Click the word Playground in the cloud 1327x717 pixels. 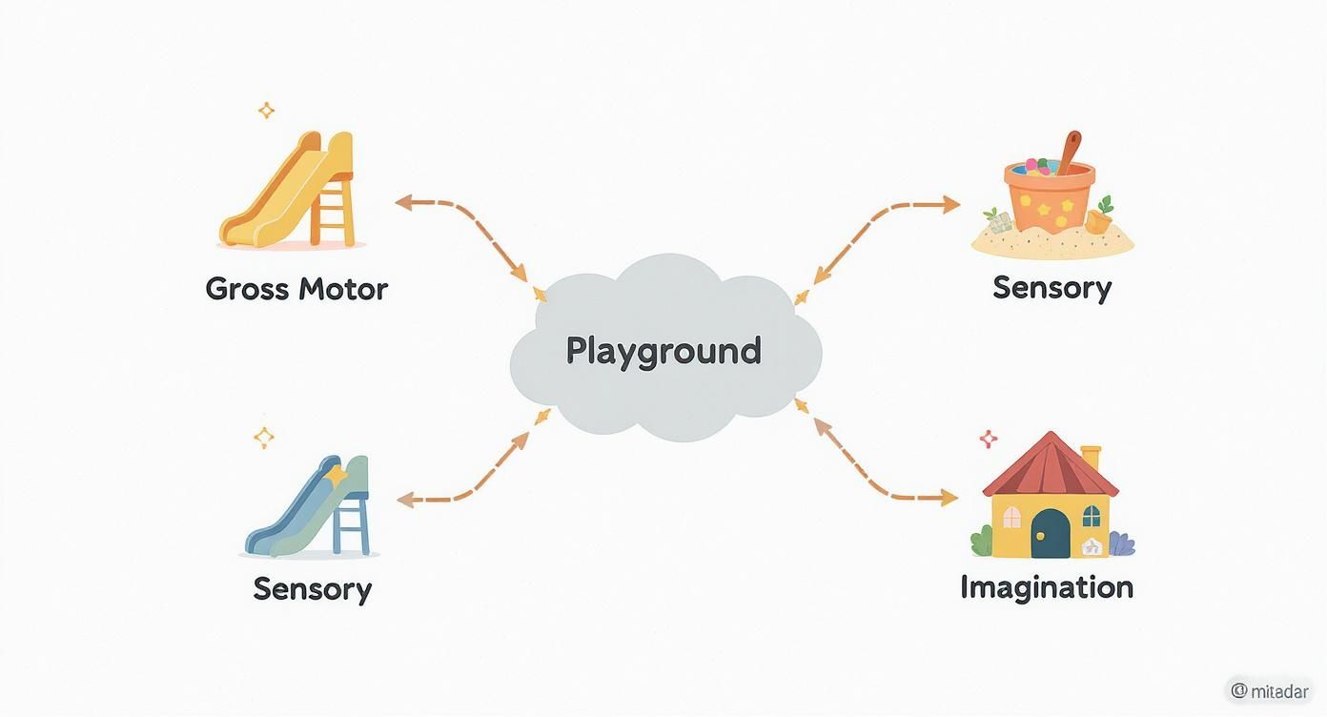[x=663, y=351]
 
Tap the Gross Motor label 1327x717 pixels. [x=296, y=289]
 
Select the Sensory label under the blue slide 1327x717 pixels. [x=312, y=588]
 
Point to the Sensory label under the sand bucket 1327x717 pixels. [x=1051, y=287]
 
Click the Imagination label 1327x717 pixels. [x=1047, y=586]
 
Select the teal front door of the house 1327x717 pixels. [x=1051, y=533]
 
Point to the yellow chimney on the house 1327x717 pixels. [x=1090, y=457]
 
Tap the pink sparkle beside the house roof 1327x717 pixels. [x=989, y=439]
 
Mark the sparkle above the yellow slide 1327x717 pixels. [x=266, y=111]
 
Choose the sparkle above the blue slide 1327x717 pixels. [x=264, y=438]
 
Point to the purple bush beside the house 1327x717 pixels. [x=1122, y=544]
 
